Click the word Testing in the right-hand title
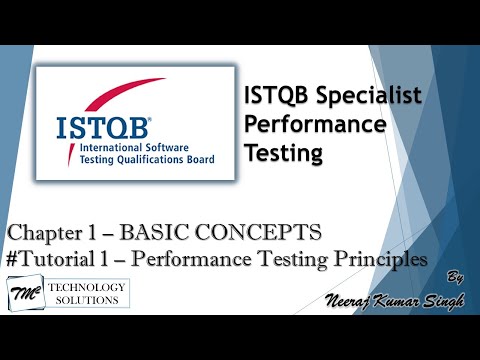click(282, 155)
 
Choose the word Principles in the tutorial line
click(380, 259)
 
